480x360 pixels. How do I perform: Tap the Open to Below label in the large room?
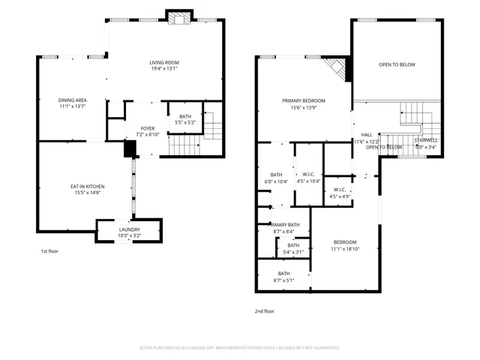[x=397, y=65]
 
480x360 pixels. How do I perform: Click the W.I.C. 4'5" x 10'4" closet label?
[x=309, y=177]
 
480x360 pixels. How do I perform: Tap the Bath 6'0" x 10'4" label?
[x=276, y=177]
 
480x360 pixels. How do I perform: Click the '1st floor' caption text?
[x=50, y=251]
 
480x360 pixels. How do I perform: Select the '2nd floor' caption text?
[x=264, y=310]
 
